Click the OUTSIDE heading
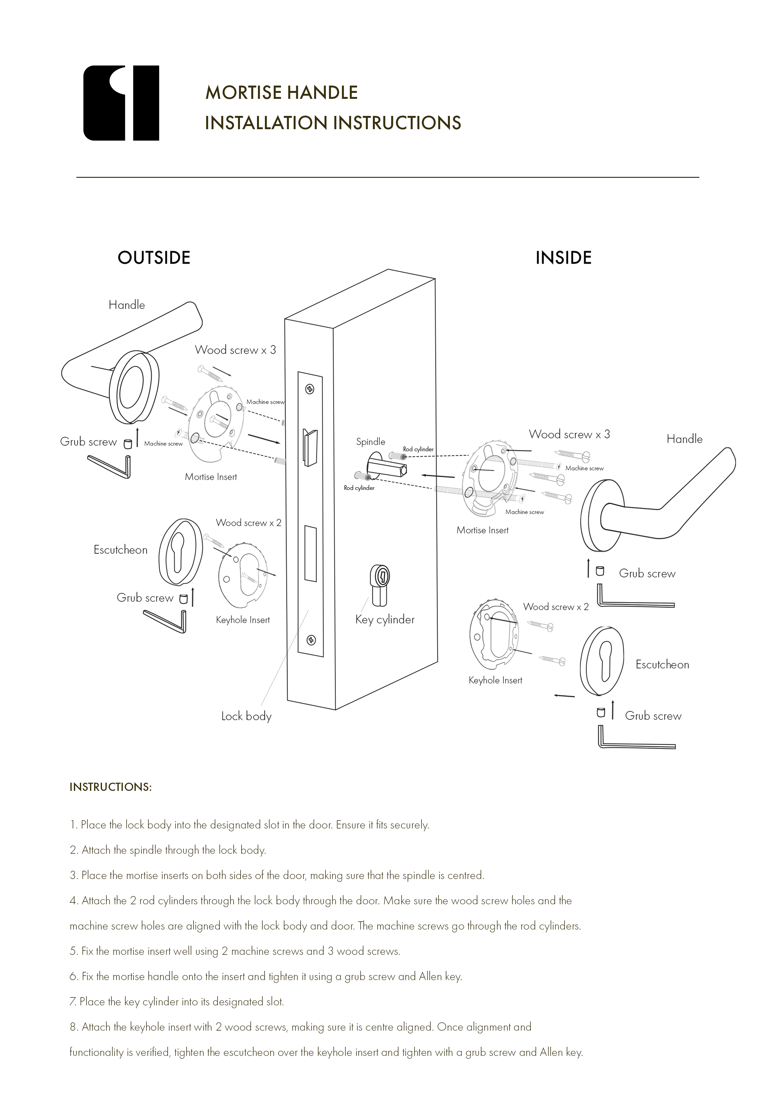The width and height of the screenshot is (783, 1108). pos(154,258)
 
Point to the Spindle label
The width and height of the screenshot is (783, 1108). pos(371,442)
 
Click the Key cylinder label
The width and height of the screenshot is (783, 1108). pos(385,620)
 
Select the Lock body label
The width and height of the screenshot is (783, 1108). pos(246,716)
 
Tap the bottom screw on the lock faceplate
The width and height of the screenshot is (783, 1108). pos(311,640)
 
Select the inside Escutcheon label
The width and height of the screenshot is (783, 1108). pos(662,665)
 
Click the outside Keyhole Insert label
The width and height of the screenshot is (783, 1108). pos(243,620)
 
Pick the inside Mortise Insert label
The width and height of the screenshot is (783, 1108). pos(482,530)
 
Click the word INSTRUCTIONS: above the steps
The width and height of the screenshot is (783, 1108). pos(111,787)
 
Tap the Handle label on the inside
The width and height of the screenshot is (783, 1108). pos(684,439)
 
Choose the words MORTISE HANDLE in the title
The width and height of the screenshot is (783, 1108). pos(281,92)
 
